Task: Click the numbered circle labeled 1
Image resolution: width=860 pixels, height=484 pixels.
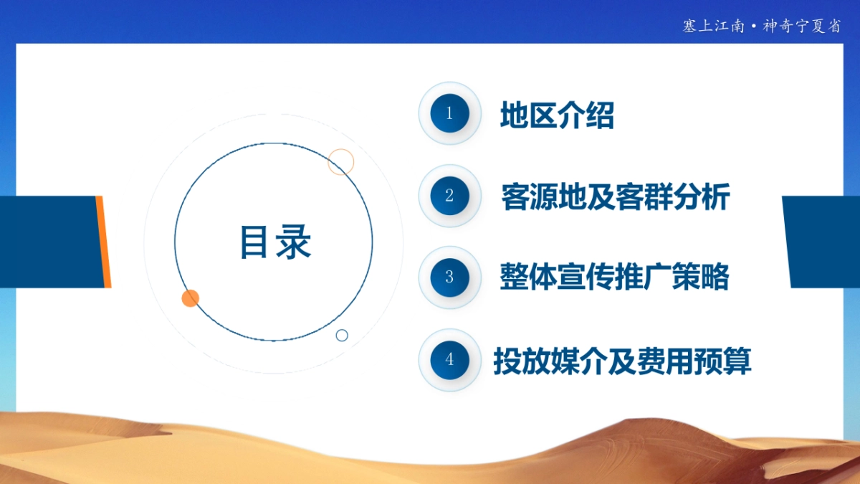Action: (x=449, y=113)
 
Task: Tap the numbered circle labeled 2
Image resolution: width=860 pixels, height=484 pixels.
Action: (x=449, y=196)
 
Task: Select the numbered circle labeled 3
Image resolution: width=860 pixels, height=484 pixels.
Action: (x=449, y=277)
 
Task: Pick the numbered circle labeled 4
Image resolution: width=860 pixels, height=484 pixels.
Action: (x=449, y=360)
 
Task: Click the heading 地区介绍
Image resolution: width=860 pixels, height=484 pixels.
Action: (x=557, y=115)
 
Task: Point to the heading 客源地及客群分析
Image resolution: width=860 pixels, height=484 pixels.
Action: (x=616, y=196)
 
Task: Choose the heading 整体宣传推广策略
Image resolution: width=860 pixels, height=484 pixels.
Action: (x=614, y=277)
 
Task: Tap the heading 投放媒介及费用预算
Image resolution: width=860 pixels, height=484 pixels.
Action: (x=622, y=361)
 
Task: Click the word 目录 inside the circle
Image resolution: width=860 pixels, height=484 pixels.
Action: (x=274, y=242)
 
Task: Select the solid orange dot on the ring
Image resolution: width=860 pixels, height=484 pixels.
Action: (x=190, y=298)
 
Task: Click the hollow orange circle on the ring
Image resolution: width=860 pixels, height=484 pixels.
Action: (x=341, y=162)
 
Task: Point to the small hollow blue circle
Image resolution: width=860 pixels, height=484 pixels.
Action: (x=342, y=335)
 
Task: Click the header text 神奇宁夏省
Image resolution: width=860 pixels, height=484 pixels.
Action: (x=801, y=27)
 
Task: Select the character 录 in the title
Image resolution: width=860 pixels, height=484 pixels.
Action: (x=293, y=242)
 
